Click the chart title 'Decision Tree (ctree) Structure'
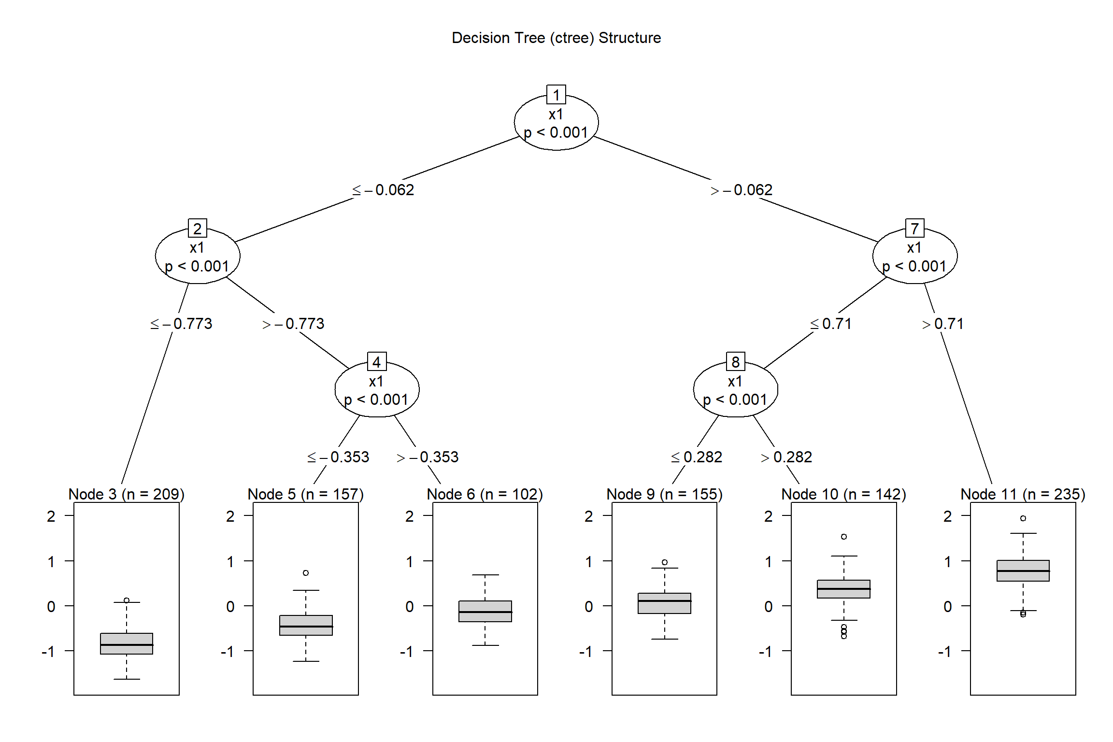556,38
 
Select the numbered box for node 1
556,95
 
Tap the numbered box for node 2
197,228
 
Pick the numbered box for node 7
914,228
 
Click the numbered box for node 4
377,362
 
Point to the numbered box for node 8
735,362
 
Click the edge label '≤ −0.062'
383,190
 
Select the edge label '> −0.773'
293,324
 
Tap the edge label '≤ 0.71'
831,324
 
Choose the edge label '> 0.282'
786,457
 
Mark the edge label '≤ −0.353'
338,457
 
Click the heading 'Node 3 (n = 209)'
127,494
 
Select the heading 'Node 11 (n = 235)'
1023,494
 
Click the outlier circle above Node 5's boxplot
306,573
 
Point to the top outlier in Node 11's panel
1023,518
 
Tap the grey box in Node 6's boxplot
485,611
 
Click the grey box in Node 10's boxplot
843,589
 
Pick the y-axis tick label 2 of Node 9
589,516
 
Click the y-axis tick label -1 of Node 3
48,652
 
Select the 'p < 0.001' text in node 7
914,266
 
